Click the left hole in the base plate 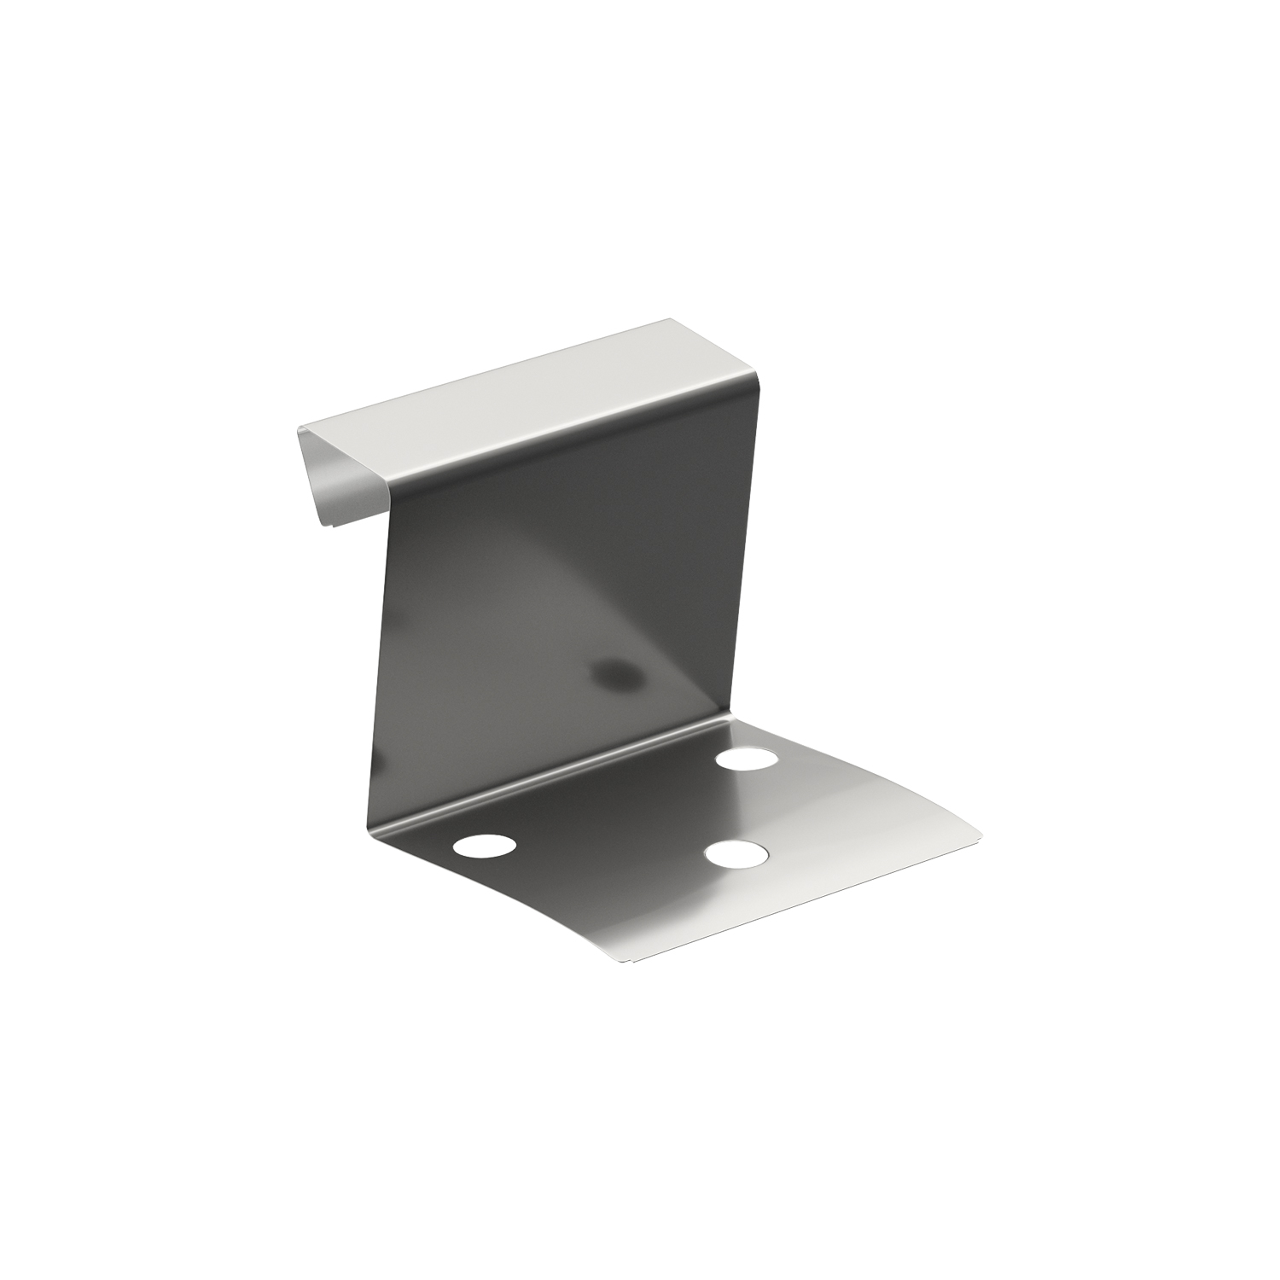point(485,846)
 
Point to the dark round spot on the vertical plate point(620,675)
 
